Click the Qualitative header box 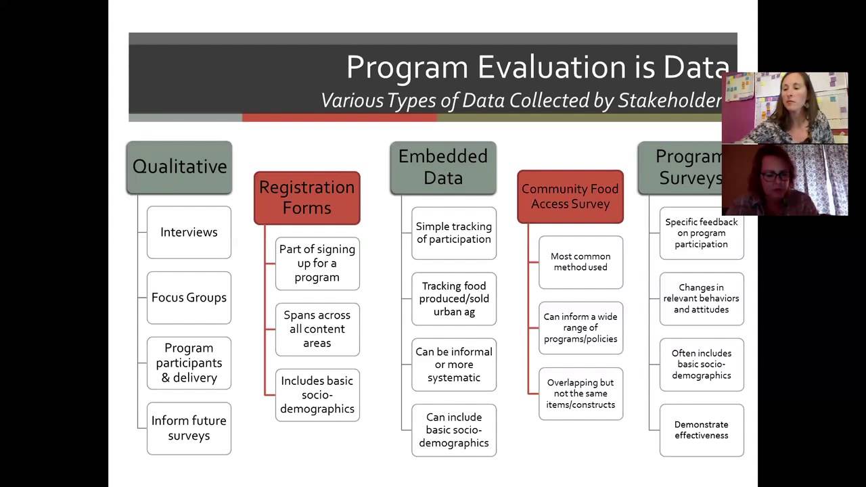[x=179, y=167]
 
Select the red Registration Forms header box [x=306, y=198]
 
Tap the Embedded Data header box [x=443, y=167]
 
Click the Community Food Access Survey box [x=570, y=197]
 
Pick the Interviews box [x=189, y=232]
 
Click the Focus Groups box [x=189, y=298]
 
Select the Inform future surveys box [x=189, y=428]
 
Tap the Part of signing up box [x=317, y=263]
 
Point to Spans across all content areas [x=317, y=329]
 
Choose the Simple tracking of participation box [x=454, y=233]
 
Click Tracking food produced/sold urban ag [x=454, y=299]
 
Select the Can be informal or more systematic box [x=454, y=365]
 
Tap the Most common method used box [x=580, y=262]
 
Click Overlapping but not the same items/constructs [x=580, y=394]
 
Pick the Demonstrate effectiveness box [x=702, y=430]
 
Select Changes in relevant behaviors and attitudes [x=702, y=298]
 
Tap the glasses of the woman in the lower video [x=775, y=177]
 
